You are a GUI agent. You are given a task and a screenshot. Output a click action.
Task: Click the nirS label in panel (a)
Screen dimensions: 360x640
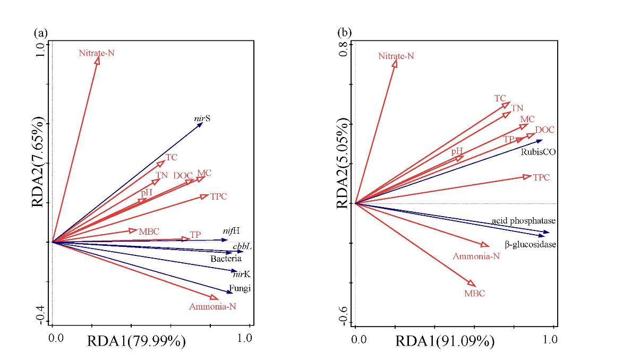202,119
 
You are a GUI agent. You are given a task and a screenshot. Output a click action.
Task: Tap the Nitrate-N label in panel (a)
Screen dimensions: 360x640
97,53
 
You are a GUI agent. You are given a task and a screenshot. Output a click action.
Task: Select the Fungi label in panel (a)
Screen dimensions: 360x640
240,289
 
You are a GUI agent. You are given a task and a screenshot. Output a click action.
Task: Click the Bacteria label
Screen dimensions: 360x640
226,259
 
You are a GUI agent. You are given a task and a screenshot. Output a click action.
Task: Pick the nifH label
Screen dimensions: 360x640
231,231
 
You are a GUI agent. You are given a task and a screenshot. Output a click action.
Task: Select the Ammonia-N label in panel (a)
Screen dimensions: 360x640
213,307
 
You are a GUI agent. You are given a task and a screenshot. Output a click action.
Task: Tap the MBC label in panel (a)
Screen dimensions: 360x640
149,232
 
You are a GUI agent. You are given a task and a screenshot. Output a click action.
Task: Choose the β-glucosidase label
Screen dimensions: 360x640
530,245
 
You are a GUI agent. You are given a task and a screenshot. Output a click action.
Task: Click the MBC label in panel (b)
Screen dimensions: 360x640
475,293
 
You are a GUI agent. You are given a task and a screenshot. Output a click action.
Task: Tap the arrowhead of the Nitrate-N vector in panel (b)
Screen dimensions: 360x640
395,63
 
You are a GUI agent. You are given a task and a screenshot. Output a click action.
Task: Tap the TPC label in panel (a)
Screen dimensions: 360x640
218,196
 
